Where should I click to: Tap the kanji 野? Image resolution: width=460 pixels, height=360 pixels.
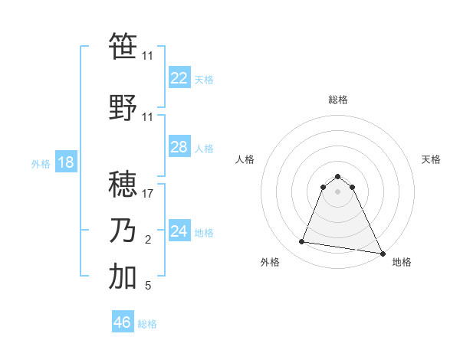(x=123, y=108)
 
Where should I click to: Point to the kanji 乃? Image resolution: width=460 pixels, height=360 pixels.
(x=123, y=230)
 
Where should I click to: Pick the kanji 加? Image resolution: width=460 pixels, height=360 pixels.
(x=123, y=277)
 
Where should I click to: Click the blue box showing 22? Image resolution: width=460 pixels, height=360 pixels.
(x=179, y=78)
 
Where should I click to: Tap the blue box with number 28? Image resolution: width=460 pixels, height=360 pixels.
(x=179, y=147)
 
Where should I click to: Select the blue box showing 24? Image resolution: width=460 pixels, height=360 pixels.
(x=179, y=231)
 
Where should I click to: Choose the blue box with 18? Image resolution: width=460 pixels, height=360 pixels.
(x=65, y=162)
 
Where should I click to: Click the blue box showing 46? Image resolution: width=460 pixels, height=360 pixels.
(x=123, y=322)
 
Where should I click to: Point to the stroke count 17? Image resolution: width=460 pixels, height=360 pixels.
(x=148, y=194)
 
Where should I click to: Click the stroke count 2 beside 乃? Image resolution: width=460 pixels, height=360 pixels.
(x=148, y=241)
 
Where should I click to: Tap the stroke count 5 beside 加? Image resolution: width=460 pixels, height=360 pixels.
(x=148, y=286)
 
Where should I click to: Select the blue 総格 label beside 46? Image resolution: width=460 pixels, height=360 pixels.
(x=147, y=324)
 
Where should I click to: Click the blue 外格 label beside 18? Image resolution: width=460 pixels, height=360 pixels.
(x=41, y=164)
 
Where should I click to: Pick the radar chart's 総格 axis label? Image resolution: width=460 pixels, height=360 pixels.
(x=337, y=100)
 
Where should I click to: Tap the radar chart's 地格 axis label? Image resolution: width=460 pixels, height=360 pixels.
(x=402, y=263)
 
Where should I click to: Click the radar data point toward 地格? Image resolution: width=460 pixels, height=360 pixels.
(x=383, y=254)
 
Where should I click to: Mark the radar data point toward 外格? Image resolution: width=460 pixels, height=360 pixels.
(x=302, y=242)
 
